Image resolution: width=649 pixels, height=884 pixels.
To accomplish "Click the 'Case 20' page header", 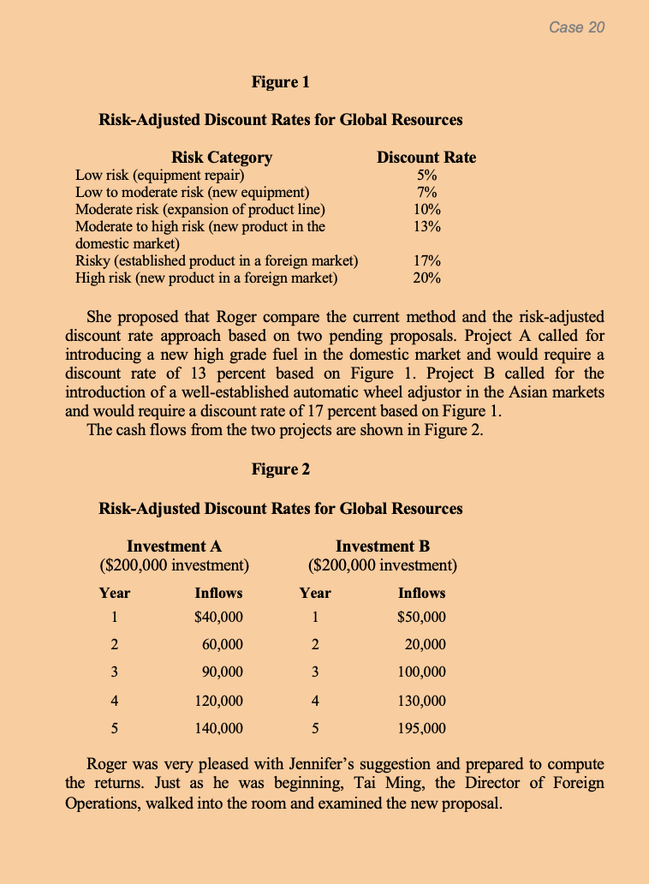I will (x=576, y=27).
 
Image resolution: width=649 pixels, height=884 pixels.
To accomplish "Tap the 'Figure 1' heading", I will (x=281, y=82).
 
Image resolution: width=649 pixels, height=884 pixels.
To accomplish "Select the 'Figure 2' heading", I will (x=281, y=469).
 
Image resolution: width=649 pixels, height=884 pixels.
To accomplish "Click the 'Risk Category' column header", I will (x=222, y=157).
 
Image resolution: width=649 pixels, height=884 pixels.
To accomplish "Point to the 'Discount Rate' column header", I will (x=426, y=157).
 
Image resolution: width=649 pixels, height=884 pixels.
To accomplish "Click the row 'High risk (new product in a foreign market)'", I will (x=206, y=278).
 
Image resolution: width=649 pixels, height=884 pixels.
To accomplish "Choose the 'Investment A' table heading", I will (x=175, y=547).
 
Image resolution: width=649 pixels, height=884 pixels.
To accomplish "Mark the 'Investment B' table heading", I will (x=383, y=547).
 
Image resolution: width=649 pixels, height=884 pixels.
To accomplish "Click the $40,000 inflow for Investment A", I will (x=219, y=618).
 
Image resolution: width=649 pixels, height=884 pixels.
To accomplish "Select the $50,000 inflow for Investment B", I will (x=422, y=618).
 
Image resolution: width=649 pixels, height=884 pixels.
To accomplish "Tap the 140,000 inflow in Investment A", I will (x=219, y=729).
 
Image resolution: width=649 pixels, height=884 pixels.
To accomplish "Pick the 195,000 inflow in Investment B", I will (x=422, y=729).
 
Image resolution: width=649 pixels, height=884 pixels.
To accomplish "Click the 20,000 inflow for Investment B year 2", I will (x=426, y=645).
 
